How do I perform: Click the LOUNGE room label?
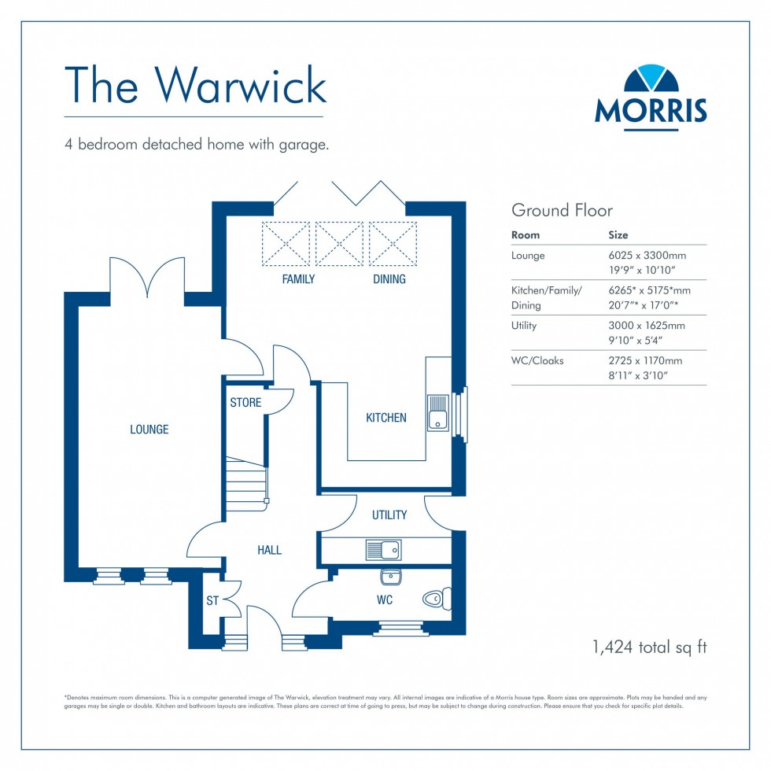click(149, 430)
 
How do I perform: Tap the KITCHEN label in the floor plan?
click(386, 418)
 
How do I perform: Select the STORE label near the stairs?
click(245, 403)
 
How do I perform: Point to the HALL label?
click(269, 551)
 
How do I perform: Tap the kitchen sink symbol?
click(438, 413)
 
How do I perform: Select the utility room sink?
click(383, 550)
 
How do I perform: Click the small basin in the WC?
click(391, 577)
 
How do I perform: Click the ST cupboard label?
click(212, 602)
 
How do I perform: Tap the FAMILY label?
click(298, 279)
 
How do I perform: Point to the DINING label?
click(389, 279)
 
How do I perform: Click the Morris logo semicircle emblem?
click(650, 81)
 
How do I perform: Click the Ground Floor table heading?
click(562, 210)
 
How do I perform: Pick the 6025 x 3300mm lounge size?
click(647, 256)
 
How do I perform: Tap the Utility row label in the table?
click(524, 326)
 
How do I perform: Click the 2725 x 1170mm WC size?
click(645, 361)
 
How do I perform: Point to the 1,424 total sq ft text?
click(649, 647)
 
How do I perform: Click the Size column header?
click(618, 235)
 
